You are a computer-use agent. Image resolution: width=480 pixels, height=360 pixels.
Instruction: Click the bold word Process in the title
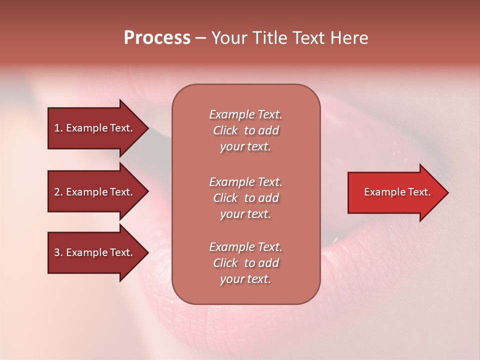[157, 37]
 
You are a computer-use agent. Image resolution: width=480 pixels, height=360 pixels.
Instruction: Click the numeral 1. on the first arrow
[58, 128]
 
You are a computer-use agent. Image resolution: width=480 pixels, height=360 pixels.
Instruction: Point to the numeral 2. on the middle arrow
[58, 192]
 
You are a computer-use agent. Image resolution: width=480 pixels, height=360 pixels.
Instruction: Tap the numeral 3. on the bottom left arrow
[58, 252]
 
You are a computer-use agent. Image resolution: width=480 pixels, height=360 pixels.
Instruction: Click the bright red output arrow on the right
[395, 192]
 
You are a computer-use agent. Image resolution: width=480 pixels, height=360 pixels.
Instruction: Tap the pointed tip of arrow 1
[146, 128]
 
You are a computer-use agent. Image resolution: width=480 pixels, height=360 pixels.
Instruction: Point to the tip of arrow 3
[146, 252]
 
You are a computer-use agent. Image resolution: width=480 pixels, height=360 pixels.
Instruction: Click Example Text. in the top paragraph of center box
[245, 114]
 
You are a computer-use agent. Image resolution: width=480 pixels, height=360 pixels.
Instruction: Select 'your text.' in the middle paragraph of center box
[245, 214]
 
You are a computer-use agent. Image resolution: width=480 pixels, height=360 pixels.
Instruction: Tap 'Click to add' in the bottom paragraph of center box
[245, 263]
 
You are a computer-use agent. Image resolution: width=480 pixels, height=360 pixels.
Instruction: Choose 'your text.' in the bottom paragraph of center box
[245, 279]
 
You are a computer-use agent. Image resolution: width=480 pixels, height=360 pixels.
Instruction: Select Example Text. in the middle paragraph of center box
[245, 181]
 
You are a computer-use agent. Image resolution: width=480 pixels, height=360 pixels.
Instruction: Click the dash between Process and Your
[200, 38]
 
